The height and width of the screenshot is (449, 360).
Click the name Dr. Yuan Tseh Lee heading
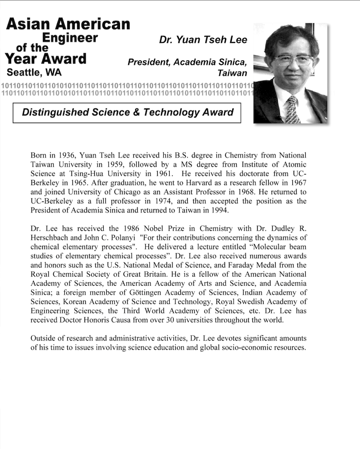click(203, 40)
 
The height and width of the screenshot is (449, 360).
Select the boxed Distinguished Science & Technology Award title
click(127, 113)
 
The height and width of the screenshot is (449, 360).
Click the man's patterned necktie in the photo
click(292, 109)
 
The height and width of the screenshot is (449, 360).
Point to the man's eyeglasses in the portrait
click(293, 60)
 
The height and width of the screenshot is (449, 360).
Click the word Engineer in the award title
click(70, 38)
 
